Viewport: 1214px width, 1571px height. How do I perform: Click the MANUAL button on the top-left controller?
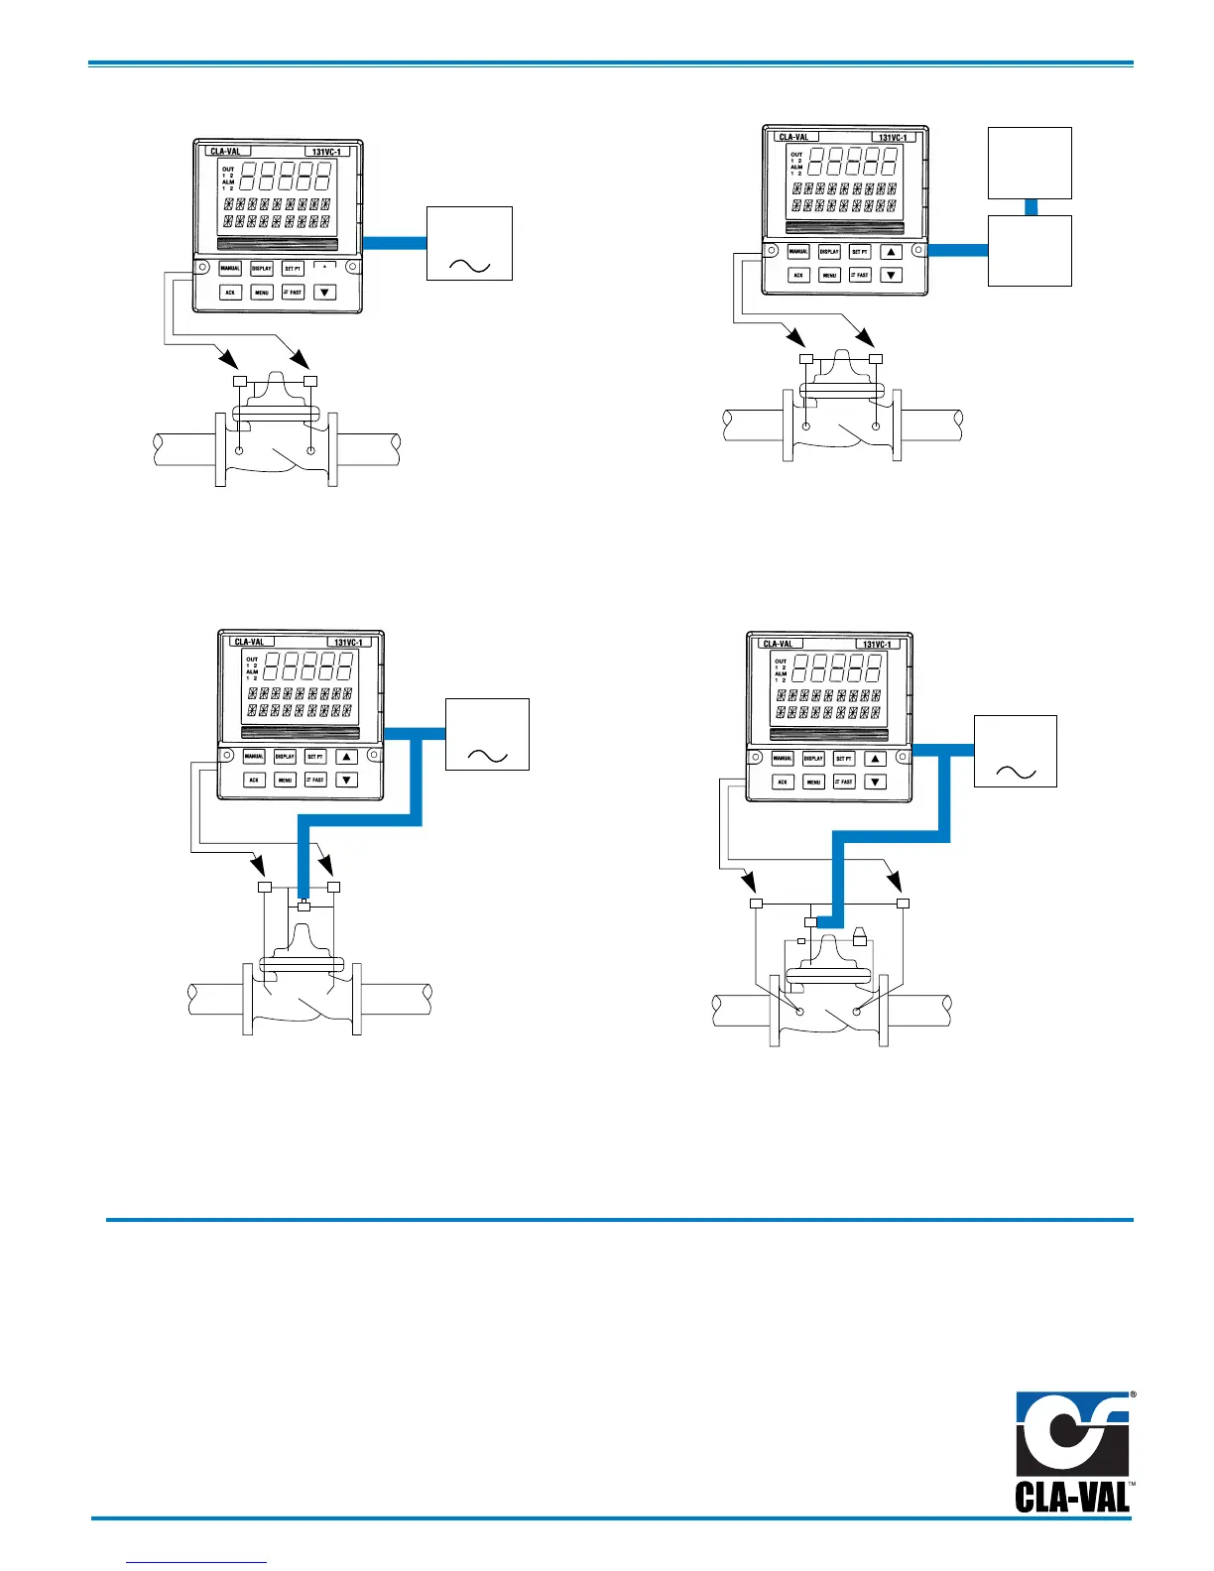(230, 269)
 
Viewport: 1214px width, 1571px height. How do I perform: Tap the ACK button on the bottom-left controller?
(254, 781)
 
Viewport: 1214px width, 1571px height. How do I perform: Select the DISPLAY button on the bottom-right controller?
(813, 759)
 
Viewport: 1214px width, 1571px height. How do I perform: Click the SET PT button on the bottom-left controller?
(315, 757)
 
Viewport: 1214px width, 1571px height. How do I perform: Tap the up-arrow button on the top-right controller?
(892, 252)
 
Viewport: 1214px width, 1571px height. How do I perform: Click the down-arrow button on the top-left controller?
(324, 293)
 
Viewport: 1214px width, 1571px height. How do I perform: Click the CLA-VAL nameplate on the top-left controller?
(227, 152)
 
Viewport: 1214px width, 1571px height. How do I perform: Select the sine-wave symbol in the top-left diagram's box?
(469, 264)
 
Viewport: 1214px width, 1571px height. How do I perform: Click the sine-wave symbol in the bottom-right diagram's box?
(1016, 773)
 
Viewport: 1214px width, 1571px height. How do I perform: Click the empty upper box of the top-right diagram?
(1031, 163)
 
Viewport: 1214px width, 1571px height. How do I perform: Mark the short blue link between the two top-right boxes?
(1031, 207)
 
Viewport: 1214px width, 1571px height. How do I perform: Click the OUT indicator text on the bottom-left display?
(253, 660)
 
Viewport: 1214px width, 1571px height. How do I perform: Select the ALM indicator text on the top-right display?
(796, 168)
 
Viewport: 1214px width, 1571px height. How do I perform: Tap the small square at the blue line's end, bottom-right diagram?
(810, 922)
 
